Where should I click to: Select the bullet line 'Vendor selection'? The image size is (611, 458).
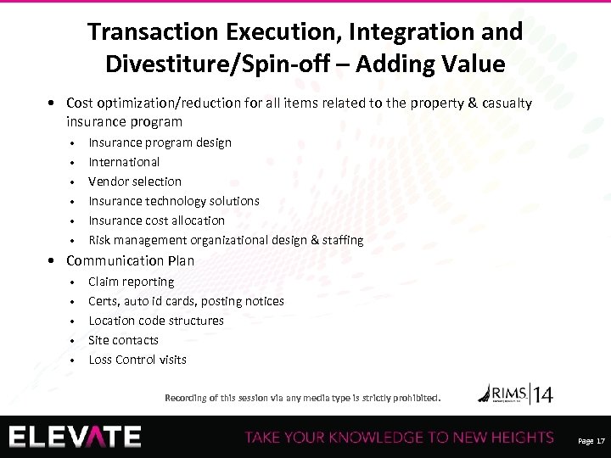135,182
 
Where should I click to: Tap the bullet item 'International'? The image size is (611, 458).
124,162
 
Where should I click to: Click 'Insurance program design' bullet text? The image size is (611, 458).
160,142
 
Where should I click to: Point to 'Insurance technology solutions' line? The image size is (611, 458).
174,201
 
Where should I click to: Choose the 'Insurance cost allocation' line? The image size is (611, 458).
157,221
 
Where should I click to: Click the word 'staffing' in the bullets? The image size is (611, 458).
341,240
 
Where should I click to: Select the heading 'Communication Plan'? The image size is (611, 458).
130,260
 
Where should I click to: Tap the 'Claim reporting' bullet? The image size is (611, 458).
132,282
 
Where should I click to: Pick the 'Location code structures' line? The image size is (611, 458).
156,321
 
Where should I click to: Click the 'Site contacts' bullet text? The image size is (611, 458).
123,340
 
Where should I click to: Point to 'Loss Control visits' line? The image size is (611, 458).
137,360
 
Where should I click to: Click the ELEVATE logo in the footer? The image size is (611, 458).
76,436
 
